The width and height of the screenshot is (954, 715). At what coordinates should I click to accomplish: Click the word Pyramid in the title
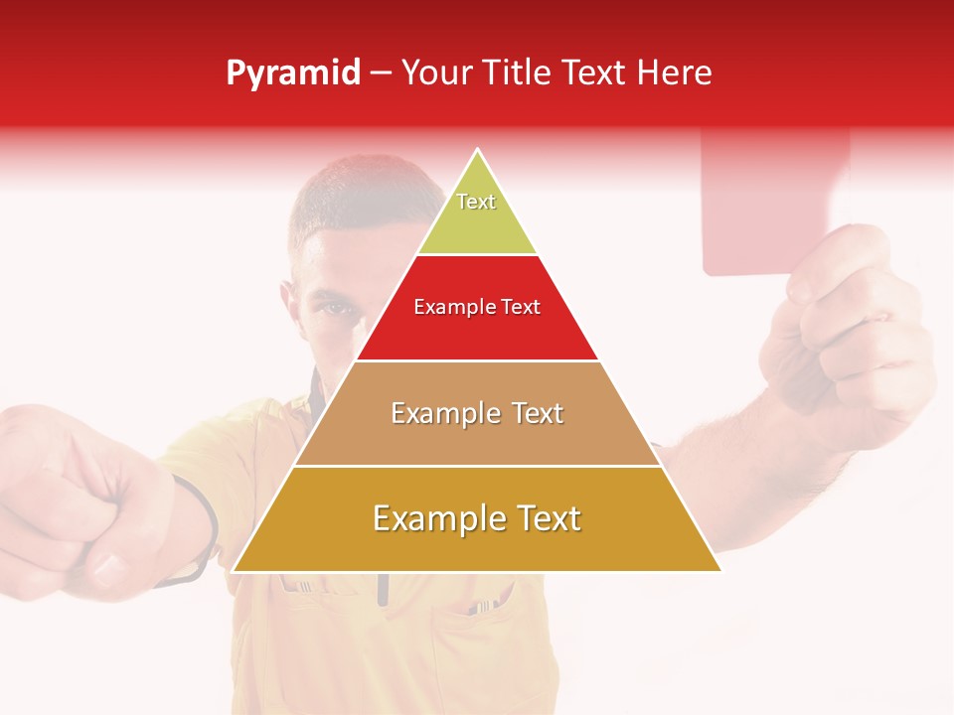[x=293, y=73]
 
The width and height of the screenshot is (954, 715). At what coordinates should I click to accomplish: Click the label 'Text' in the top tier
[x=476, y=202]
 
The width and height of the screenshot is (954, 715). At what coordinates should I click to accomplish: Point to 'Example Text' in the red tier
[x=477, y=307]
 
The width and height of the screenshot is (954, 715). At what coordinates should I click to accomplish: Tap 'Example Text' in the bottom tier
[x=477, y=518]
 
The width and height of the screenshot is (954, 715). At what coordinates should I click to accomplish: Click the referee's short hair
[x=348, y=199]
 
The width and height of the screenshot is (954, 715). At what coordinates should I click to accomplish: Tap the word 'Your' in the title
[x=436, y=73]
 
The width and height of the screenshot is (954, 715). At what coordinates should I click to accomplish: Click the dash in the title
[x=381, y=73]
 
